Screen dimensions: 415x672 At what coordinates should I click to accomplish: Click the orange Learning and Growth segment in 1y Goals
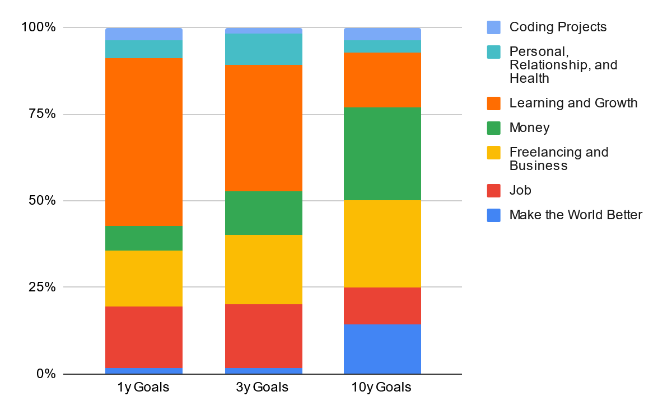[x=144, y=142]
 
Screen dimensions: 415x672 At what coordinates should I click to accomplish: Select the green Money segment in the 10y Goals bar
[x=382, y=153]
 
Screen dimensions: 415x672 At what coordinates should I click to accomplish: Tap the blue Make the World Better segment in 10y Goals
[x=382, y=348]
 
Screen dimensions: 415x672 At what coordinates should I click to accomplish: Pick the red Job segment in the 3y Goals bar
[x=263, y=336]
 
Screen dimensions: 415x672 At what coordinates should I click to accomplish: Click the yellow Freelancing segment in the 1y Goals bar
[x=144, y=278]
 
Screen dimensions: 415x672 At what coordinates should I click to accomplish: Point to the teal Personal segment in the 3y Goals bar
[x=263, y=49]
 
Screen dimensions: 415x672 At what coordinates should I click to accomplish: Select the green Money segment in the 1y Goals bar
[x=144, y=238]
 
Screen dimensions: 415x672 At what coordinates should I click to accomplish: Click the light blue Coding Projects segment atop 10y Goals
[x=382, y=34]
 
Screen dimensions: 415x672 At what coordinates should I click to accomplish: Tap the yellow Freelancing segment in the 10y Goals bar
[x=382, y=243]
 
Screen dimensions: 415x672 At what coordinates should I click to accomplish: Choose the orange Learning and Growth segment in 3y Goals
[x=263, y=128]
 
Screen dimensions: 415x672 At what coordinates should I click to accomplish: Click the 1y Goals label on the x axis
[x=143, y=387]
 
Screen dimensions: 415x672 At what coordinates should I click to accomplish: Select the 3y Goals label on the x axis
[x=263, y=387]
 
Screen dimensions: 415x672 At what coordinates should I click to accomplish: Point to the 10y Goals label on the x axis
[x=382, y=387]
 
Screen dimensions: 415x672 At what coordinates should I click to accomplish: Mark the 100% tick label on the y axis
[x=38, y=27]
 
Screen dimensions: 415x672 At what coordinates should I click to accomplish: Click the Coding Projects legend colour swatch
[x=494, y=27]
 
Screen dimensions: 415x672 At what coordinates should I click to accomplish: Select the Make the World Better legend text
[x=576, y=215]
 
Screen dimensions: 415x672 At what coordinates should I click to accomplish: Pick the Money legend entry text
[x=529, y=128]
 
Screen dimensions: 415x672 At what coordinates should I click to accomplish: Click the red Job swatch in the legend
[x=494, y=190]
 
